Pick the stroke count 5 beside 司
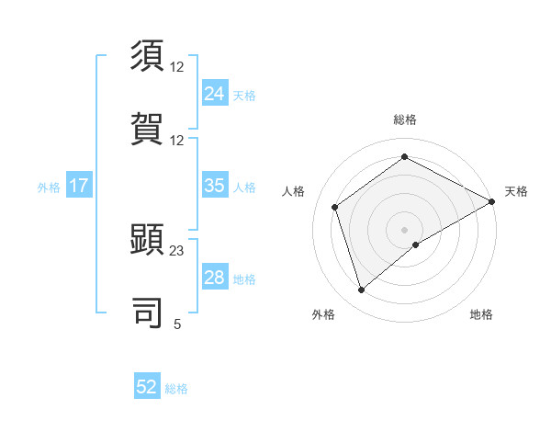coord(177,324)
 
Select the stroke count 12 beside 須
coord(177,68)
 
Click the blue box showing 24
coord(214,93)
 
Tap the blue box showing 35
coord(214,186)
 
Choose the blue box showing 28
coord(214,278)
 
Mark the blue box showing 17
coord(79,186)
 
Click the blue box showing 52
coord(147,387)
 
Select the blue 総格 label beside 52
coord(176,389)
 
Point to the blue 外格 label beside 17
coord(49,188)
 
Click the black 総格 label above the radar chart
coord(405,119)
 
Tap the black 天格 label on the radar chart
coord(516,191)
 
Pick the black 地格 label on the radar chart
coord(481,314)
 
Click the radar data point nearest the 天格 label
coord(492,201)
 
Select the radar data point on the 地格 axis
coord(416,244)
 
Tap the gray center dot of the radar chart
coord(405,229)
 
